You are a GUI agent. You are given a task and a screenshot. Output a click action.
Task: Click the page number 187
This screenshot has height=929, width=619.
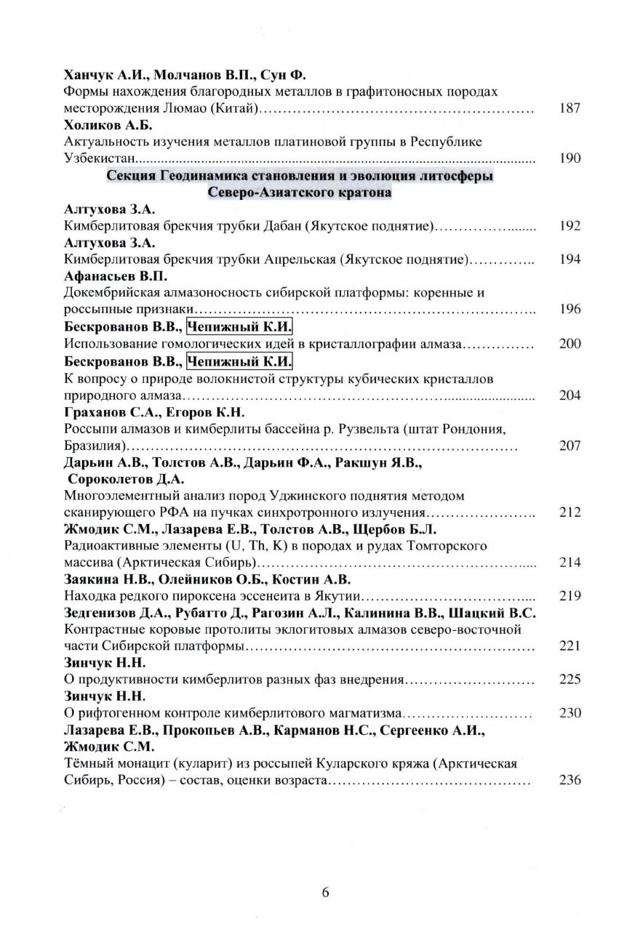[x=570, y=109]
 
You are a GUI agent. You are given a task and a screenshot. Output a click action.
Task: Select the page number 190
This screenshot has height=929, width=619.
[x=570, y=158]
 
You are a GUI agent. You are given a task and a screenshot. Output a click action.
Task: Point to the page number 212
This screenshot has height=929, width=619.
[x=570, y=512]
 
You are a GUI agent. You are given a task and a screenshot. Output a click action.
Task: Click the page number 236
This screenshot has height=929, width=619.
[x=570, y=781]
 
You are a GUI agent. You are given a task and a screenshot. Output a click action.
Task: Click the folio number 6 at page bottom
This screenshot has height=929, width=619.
[x=325, y=893]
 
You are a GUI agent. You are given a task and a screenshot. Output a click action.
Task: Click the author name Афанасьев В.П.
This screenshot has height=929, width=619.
[x=116, y=276]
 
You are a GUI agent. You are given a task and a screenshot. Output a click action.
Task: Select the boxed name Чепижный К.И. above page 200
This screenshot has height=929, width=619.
[x=239, y=326]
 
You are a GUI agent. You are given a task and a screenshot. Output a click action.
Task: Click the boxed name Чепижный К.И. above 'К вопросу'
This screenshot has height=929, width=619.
[x=239, y=361]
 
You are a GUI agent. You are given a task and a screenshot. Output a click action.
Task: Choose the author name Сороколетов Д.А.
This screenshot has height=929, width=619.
[x=126, y=478]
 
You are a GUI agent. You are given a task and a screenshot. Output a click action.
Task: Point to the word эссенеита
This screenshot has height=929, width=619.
[x=252, y=596]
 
